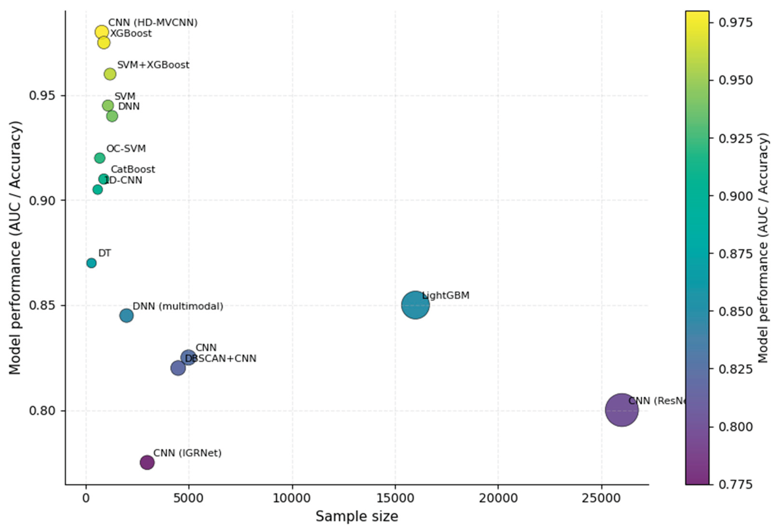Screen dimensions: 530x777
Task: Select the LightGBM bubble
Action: click(415, 305)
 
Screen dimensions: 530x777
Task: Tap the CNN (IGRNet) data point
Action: click(147, 462)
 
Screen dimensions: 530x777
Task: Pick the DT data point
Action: click(91, 263)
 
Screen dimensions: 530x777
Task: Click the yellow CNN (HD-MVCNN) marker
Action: click(102, 32)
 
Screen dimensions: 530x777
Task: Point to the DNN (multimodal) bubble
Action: click(126, 315)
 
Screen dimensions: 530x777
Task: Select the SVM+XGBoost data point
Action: click(110, 74)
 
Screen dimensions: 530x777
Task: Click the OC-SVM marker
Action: click(100, 158)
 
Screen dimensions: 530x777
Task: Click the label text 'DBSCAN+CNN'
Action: click(221, 358)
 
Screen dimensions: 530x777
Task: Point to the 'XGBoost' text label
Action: click(131, 33)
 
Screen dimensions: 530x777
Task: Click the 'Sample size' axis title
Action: click(357, 516)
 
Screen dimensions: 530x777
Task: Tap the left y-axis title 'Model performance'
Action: click(15, 247)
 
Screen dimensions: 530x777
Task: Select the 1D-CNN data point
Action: click(98, 190)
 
